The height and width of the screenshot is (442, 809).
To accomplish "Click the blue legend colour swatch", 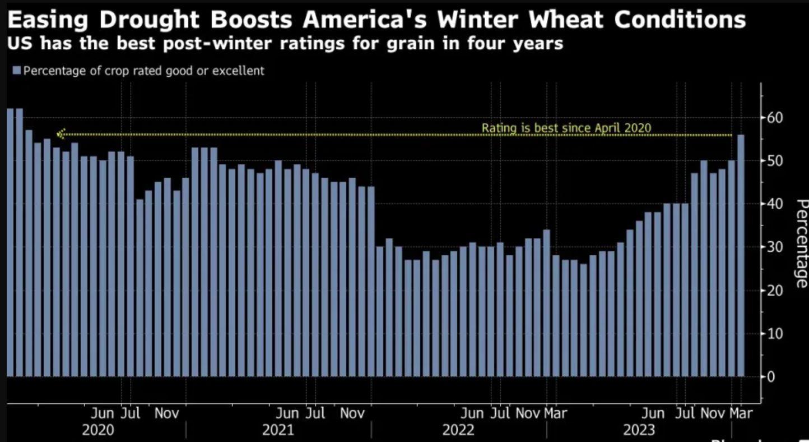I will (x=16, y=71).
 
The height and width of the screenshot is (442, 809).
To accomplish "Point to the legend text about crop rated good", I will (x=143, y=71).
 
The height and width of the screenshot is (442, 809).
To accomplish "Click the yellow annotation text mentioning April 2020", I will (x=566, y=128).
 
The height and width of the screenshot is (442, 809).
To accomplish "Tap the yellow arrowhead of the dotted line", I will (x=60, y=134).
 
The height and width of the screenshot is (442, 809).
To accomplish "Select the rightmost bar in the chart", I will (x=741, y=255).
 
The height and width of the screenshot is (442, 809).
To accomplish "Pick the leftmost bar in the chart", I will (x=10, y=242).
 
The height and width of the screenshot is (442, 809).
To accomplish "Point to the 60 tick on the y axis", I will (x=773, y=118).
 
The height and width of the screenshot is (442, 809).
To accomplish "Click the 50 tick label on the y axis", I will (x=773, y=161).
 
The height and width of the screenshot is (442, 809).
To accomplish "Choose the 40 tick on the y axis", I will (x=773, y=204).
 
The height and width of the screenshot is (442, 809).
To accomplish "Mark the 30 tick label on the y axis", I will (x=773, y=247).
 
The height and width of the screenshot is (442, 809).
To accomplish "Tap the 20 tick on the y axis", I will (x=773, y=290).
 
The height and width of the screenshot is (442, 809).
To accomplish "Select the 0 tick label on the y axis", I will (x=770, y=376).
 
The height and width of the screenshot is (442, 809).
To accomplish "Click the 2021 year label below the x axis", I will (x=278, y=430).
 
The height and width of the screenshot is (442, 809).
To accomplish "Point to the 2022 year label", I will (x=458, y=430).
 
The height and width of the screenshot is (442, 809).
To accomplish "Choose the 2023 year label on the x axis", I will (x=639, y=430).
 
